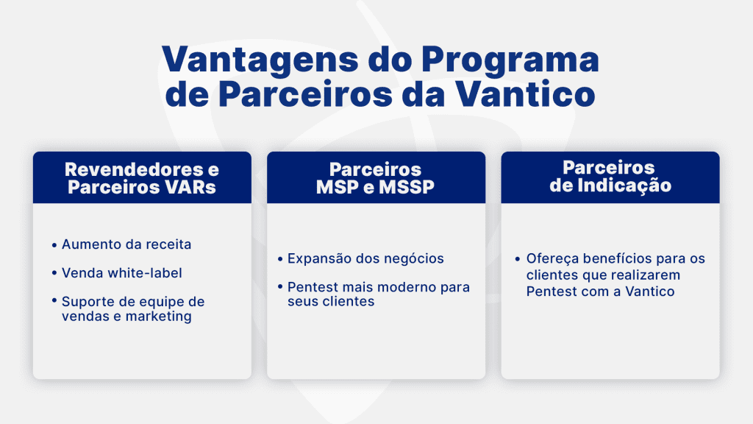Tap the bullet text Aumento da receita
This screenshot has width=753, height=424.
pos(126,244)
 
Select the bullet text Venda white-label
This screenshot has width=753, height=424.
pos(121,273)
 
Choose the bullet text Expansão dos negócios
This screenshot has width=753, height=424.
pos(365,258)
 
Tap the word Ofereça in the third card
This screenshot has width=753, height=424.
pos(551,258)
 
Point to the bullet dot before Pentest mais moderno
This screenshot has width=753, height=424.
pos(281,287)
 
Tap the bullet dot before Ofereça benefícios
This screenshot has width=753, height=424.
pos(518,259)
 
